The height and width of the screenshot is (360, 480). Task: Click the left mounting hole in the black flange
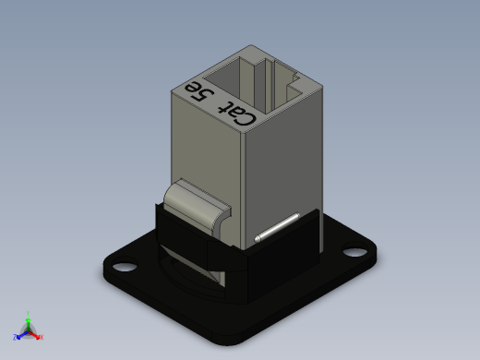[124, 267]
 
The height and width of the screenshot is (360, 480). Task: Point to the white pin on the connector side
[276, 229]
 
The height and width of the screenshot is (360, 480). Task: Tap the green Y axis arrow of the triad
[29, 318]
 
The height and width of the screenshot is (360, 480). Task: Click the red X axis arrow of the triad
[37, 335]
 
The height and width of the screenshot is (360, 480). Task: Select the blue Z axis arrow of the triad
[19, 335]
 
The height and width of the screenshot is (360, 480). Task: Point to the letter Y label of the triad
[29, 313]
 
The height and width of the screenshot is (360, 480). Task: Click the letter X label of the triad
[42, 337]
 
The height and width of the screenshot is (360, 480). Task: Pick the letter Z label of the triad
[15, 337]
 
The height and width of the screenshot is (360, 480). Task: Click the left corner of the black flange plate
[103, 269]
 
